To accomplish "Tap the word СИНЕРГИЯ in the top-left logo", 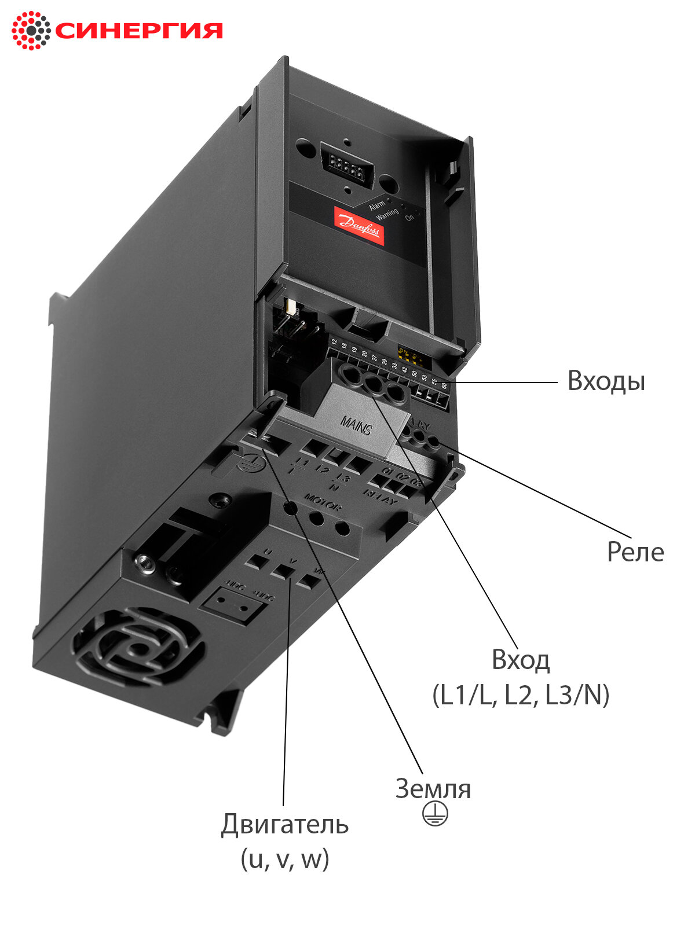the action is pyautogui.click(x=139, y=31).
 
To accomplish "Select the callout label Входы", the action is pyautogui.click(x=606, y=381).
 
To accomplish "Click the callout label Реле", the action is pyautogui.click(x=635, y=552).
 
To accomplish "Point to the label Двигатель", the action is pyautogui.click(x=284, y=825).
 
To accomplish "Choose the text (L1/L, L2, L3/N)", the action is pyautogui.click(x=521, y=695).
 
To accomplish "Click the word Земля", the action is pyautogui.click(x=433, y=789).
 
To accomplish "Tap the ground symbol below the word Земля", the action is pyautogui.click(x=434, y=814).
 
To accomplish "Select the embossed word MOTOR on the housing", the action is pyautogui.click(x=322, y=502).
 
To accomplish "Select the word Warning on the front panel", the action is pyautogui.click(x=387, y=214).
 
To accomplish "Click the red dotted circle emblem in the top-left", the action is pyautogui.click(x=31, y=30).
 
